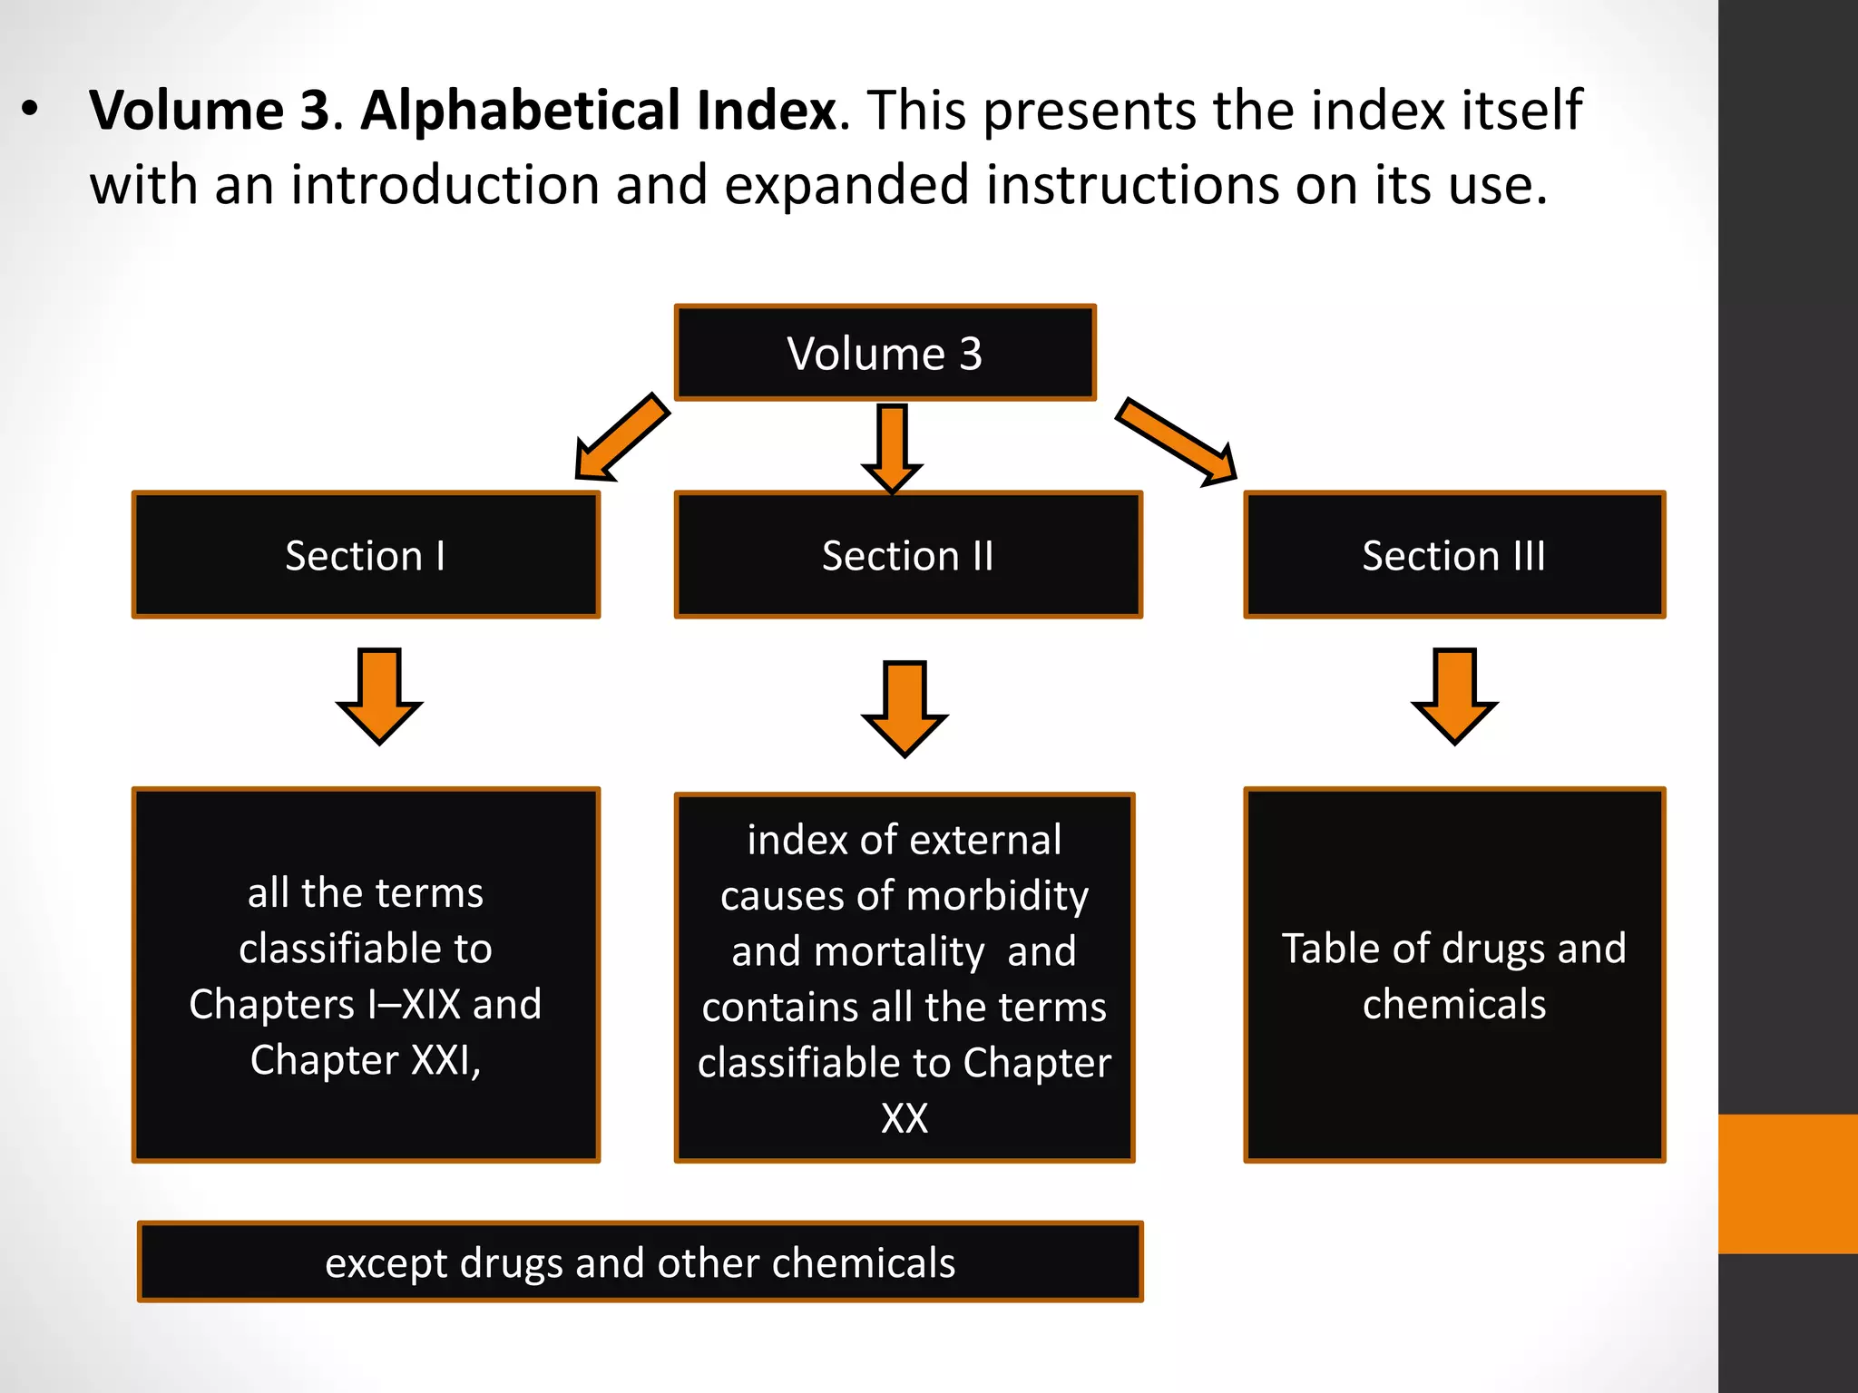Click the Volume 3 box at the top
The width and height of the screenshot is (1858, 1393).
tap(885, 353)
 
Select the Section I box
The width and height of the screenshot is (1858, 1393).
tap(366, 555)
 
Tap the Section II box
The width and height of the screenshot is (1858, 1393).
tap(908, 555)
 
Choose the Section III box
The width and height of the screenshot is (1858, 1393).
tap(1453, 555)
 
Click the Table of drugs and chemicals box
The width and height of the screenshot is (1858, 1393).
tap(1453, 975)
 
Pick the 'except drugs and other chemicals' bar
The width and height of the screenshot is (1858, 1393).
tap(641, 1262)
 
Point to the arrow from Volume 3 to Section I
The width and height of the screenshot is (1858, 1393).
tap(622, 437)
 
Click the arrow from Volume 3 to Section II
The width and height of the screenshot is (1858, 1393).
tap(893, 447)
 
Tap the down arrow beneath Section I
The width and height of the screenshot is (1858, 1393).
tap(379, 695)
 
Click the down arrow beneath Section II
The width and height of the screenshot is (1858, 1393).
tap(905, 707)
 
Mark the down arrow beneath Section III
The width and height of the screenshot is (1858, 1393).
tap(1454, 695)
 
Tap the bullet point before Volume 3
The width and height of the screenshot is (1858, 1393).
tap(31, 109)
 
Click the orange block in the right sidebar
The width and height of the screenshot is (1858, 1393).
tap(1787, 1184)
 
